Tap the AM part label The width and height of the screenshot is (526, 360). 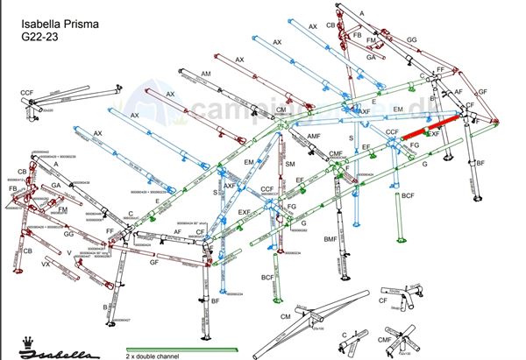click(206, 73)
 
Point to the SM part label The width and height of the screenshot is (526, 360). click(290, 164)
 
